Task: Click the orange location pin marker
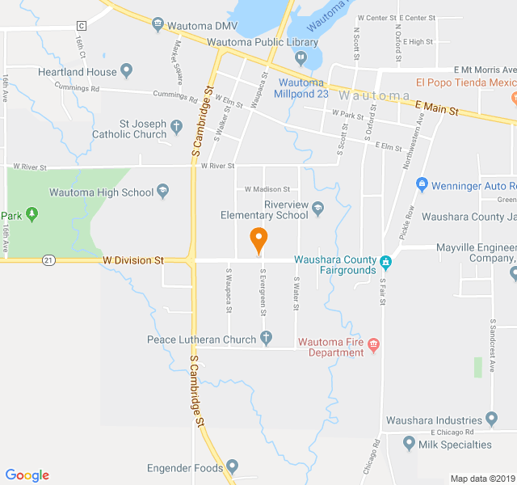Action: pos(258,239)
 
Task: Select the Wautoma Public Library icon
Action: pos(301,57)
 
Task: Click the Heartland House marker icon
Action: pos(127,71)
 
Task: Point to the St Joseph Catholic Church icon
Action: pos(176,125)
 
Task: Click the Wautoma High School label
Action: pos(101,192)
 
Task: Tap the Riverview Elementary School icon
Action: pos(317,209)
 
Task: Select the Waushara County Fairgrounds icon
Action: pos(386,262)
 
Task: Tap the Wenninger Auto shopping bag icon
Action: pos(421,185)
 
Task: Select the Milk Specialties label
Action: pos(456,445)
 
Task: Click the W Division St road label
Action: pos(132,260)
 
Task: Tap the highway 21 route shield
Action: pos(50,260)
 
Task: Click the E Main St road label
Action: pos(436,108)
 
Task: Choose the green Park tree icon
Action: pos(32,214)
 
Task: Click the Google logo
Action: pos(27,475)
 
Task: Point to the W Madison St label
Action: pos(267,189)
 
